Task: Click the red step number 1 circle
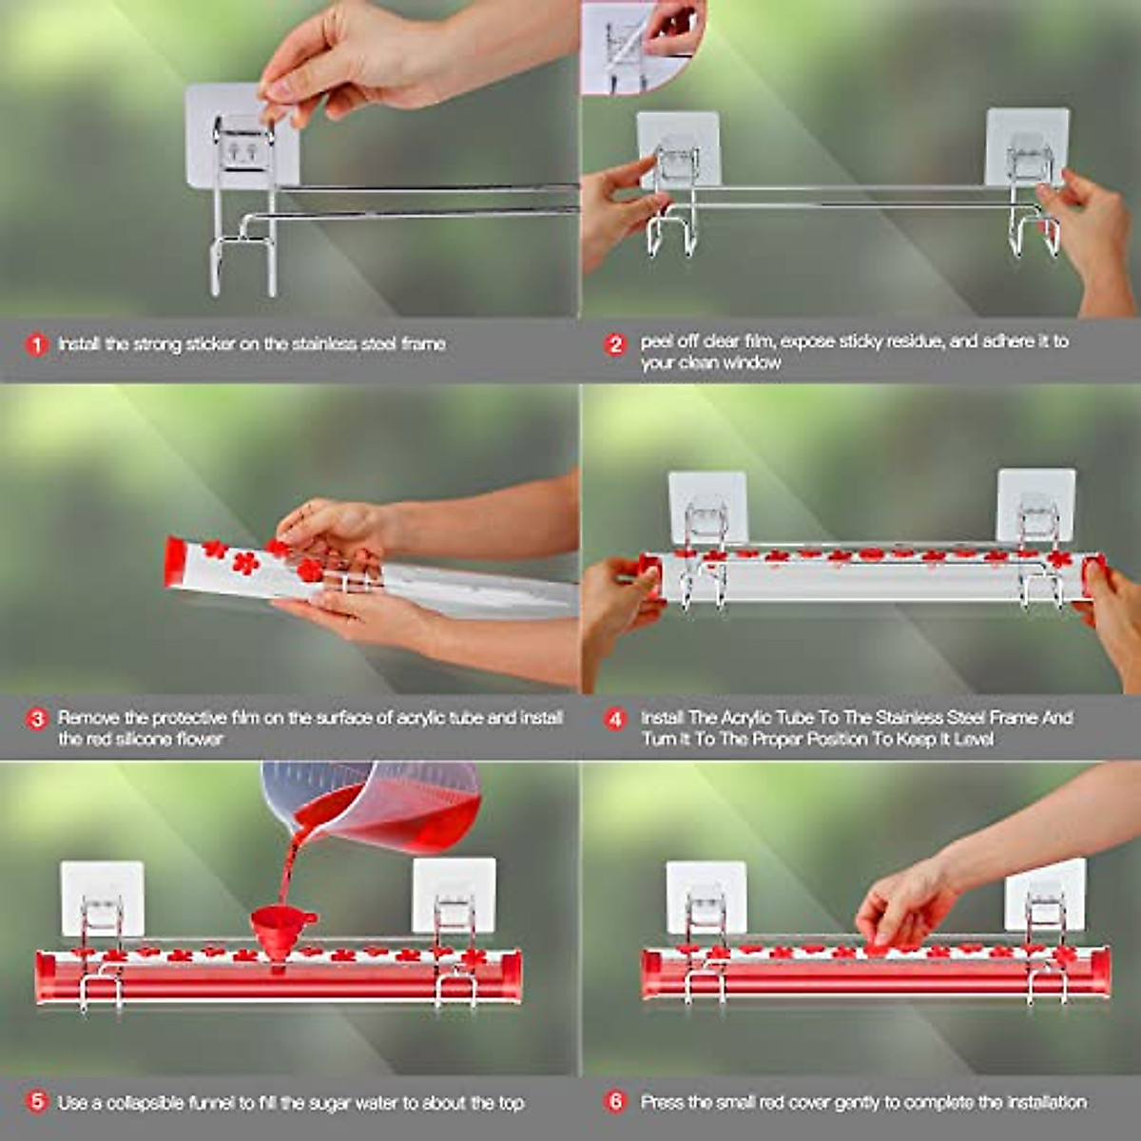click(x=37, y=344)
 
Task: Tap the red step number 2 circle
click(x=615, y=344)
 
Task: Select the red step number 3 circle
click(x=37, y=719)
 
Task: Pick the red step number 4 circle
click(x=615, y=719)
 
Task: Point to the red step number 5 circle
click(x=37, y=1102)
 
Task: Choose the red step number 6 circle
click(x=615, y=1102)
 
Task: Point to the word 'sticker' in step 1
click(x=210, y=344)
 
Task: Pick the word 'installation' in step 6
click(x=1048, y=1102)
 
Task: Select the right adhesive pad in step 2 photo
click(x=1027, y=146)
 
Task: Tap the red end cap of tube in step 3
click(x=175, y=563)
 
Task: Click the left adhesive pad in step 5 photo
click(x=103, y=899)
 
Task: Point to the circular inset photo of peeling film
click(x=643, y=47)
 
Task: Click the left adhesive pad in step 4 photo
click(x=707, y=507)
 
